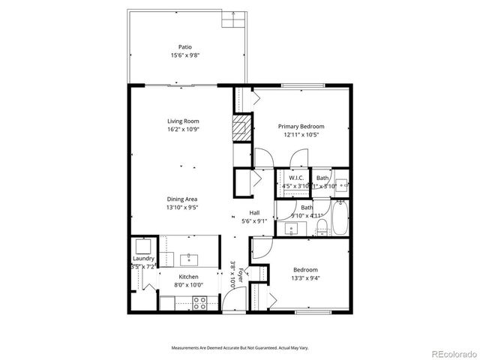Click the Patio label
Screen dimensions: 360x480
pyautogui.click(x=184, y=46)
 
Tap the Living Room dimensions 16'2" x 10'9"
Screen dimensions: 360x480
pyautogui.click(x=183, y=129)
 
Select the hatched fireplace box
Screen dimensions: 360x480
pyautogui.click(x=240, y=127)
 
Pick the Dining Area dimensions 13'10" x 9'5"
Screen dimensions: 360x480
pyautogui.click(x=183, y=208)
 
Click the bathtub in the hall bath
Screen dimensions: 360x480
pyautogui.click(x=340, y=217)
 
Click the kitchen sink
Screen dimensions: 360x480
pyautogui.click(x=187, y=259)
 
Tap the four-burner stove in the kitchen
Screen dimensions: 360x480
pyautogui.click(x=200, y=302)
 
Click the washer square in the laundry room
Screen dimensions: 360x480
pyautogui.click(x=142, y=247)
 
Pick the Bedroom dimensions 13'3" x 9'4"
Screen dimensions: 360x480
pyautogui.click(x=305, y=277)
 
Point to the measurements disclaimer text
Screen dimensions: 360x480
pyautogui.click(x=239, y=348)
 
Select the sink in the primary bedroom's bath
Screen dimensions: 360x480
pyautogui.click(x=340, y=183)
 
